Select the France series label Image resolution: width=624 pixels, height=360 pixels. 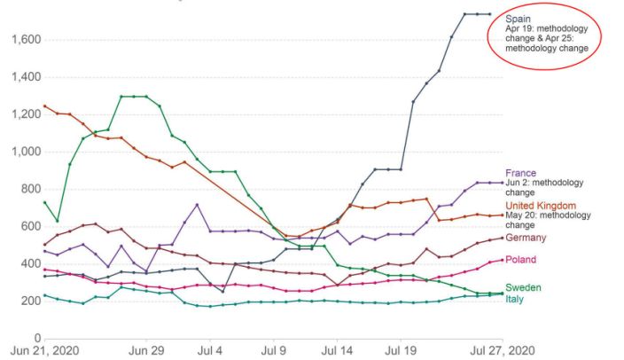pos(519,173)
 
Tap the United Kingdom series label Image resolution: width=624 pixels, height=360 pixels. pos(541,206)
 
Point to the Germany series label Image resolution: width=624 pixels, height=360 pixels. pos(526,238)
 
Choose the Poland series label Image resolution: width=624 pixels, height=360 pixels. pos(520,260)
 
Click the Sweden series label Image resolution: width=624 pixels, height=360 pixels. pos(523,288)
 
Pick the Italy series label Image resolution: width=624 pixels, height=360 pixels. pos(515,299)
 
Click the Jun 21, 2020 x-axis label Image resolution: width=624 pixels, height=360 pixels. pos(45,352)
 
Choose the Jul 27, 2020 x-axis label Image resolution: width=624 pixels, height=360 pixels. pos(502,352)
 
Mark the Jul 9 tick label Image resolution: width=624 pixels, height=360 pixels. pos(274,352)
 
